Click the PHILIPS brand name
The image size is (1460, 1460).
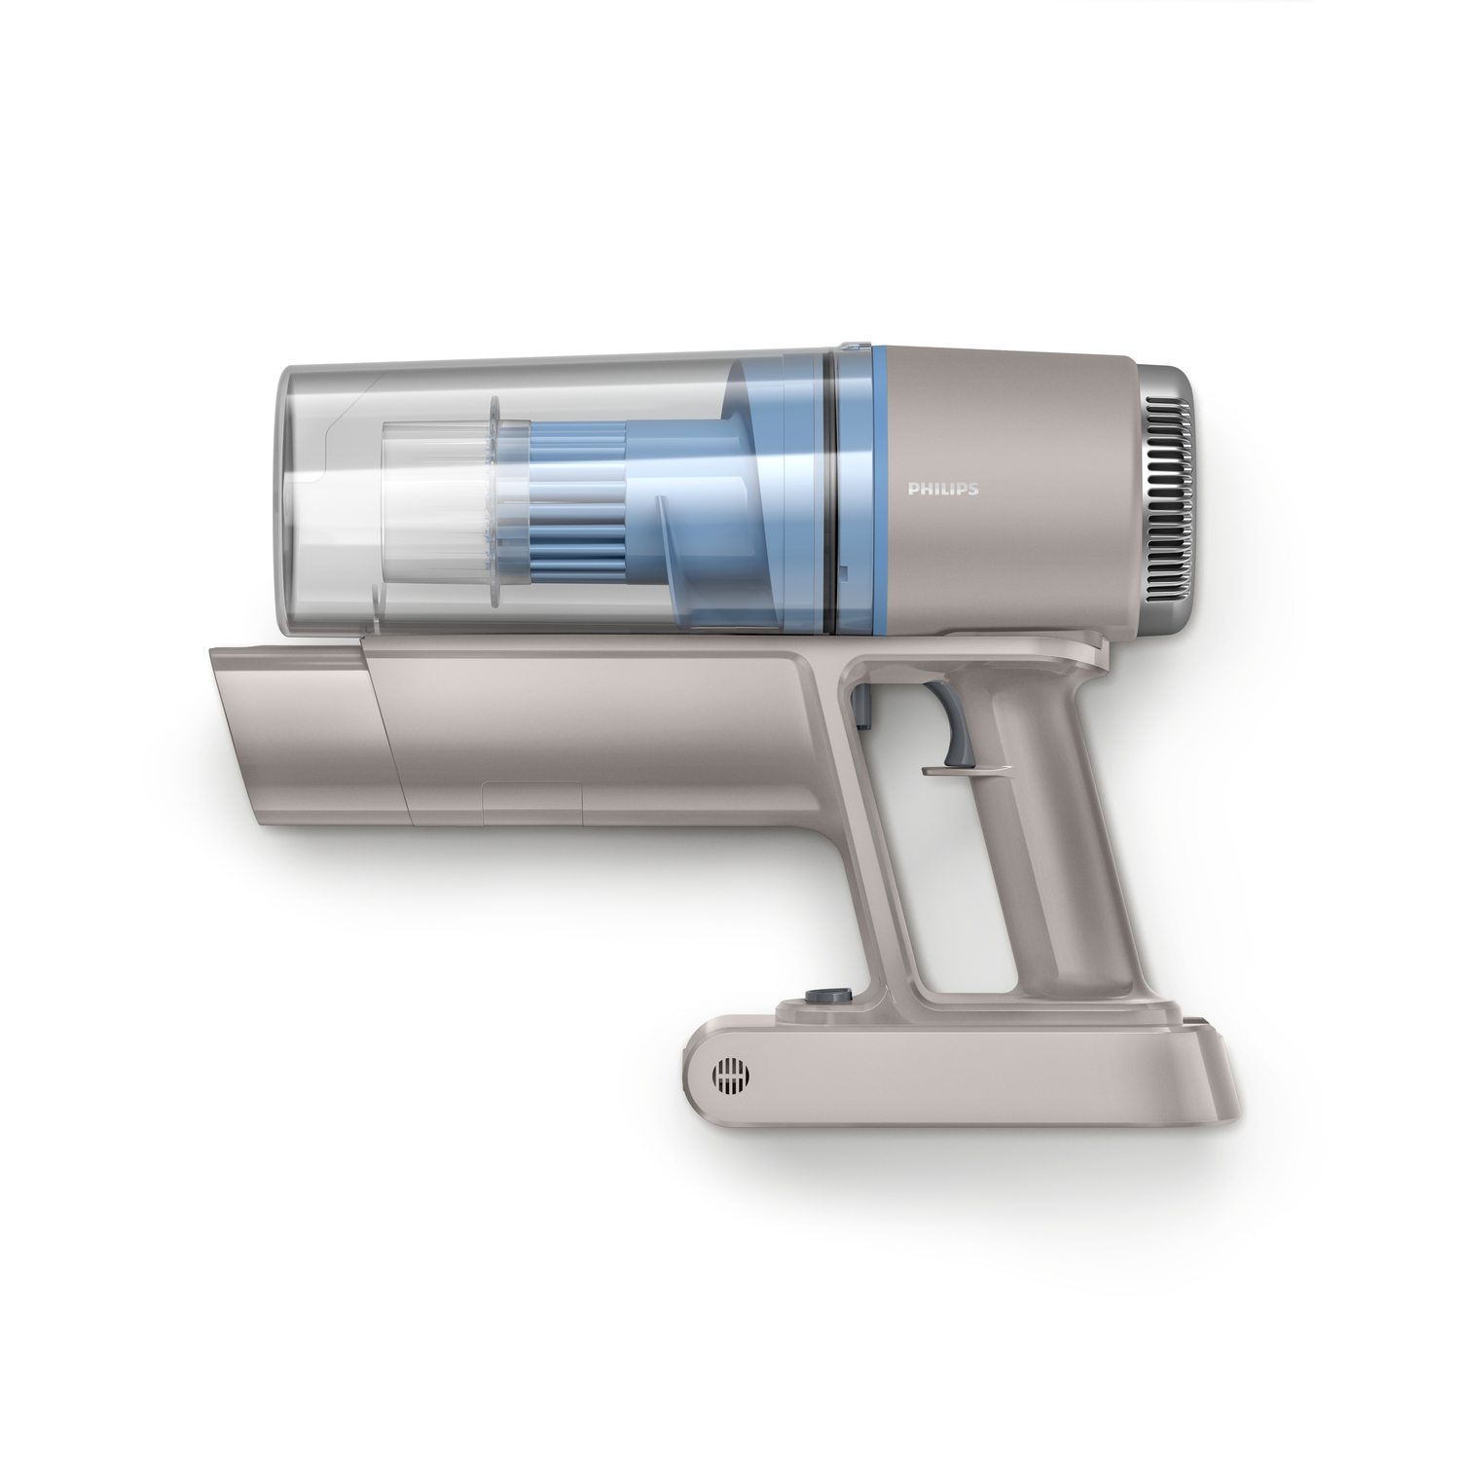pos(943,490)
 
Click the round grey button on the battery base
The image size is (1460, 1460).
pos(815,996)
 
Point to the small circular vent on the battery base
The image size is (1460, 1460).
pos(731,1075)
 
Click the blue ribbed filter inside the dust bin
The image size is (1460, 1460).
pos(575,496)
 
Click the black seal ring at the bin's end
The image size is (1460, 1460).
pos(831,487)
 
